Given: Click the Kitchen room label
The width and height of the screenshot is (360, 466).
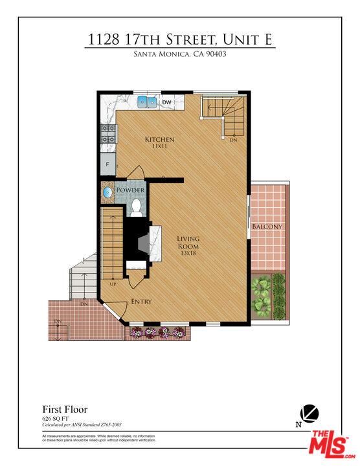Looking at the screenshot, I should pyautogui.click(x=159, y=139).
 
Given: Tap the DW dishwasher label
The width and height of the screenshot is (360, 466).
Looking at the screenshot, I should pyautogui.click(x=166, y=102).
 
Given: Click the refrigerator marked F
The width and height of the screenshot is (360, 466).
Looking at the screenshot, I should pyautogui.click(x=108, y=164).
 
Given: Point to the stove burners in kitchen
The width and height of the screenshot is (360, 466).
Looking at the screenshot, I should pyautogui.click(x=107, y=134).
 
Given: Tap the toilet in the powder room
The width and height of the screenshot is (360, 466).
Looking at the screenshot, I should pyautogui.click(x=136, y=206).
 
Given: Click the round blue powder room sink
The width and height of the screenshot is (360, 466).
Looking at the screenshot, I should pyautogui.click(x=108, y=192).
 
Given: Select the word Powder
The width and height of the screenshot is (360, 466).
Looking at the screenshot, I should pyautogui.click(x=130, y=190).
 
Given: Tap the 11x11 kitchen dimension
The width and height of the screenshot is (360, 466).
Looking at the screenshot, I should pyautogui.click(x=159, y=147).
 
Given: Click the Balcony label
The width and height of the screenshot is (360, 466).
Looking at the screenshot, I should pyautogui.click(x=267, y=227).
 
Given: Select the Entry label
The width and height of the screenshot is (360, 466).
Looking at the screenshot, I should pyautogui.click(x=142, y=302).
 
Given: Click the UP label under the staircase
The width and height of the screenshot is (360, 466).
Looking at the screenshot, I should pyautogui.click(x=113, y=283).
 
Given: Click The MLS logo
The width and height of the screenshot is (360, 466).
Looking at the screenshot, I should pyautogui.click(x=329, y=445).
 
